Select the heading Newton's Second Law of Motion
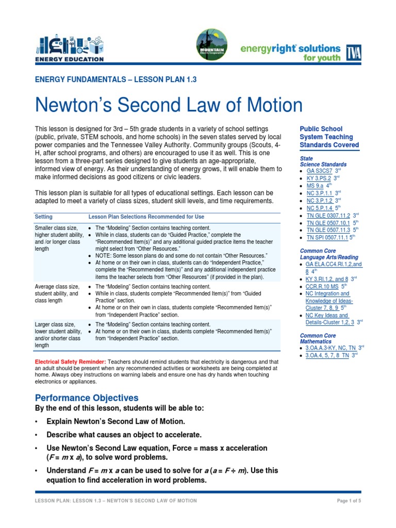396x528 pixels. (x=168, y=105)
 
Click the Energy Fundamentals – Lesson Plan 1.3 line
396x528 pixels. (x=115, y=79)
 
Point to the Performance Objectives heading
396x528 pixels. (x=87, y=398)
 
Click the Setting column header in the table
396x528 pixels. (x=43, y=217)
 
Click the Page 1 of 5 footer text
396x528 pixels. (x=349, y=501)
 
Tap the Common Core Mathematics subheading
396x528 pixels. (x=318, y=338)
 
